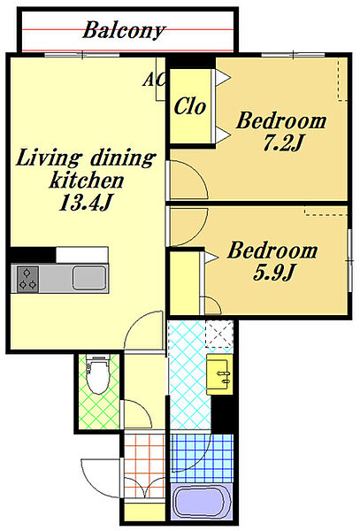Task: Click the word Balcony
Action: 124,30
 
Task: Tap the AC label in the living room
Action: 154,80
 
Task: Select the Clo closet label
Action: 190,106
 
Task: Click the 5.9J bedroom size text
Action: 273,273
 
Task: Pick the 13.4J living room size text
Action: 86,203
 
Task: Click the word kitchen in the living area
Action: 87,181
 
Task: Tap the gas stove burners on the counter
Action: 27,280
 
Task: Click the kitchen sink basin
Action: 89,278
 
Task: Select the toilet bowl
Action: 98,375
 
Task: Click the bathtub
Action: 201,502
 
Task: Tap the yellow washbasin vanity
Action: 219,374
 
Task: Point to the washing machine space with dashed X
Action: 219,334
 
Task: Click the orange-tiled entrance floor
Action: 144,466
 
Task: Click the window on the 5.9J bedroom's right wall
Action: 350,260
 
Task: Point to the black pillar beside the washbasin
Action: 222,414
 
